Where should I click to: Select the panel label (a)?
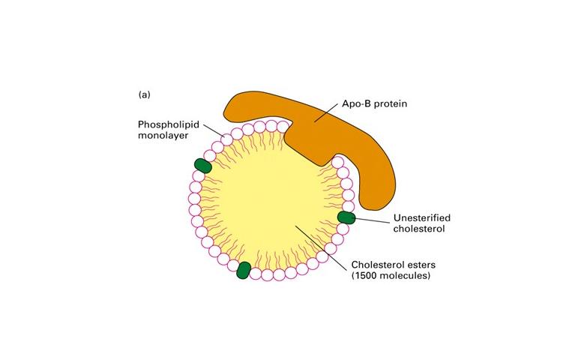point(145,95)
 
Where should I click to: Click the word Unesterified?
point(421,218)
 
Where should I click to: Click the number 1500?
point(367,275)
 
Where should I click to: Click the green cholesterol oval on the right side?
point(346,217)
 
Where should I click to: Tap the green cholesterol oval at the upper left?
point(203,166)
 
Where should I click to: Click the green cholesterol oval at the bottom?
point(243,270)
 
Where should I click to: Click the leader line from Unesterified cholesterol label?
point(370,220)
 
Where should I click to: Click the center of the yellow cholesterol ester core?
point(270,202)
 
